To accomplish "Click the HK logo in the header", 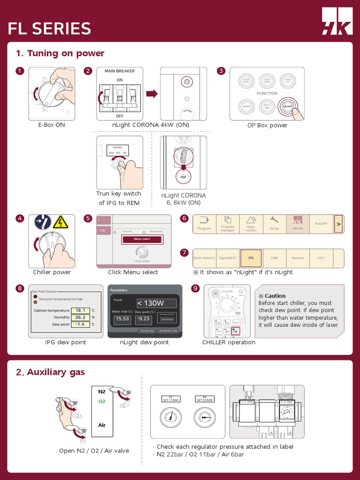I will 337,21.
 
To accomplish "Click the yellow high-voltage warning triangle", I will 60,222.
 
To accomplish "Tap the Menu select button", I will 142,239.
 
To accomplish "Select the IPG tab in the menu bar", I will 251,258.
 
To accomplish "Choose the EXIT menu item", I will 321,258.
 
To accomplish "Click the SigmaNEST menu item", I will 228,258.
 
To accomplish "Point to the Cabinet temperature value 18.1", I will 80,310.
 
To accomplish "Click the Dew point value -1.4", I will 80,324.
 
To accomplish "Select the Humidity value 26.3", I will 80,317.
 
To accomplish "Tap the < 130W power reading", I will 157,303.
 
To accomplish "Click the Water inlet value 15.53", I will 122,319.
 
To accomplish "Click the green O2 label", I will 102,402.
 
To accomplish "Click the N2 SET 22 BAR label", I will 204,399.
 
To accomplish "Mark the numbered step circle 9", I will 195,288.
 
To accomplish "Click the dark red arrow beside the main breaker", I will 151,94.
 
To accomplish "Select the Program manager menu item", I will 228,224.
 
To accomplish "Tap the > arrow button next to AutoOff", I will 338,224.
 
